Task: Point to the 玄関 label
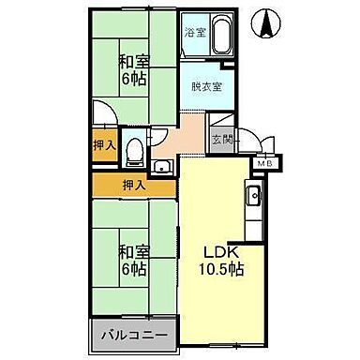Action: coord(220,139)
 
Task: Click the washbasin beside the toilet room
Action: coord(162,167)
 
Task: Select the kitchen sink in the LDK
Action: coord(252,196)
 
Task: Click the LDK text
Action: coord(223,251)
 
